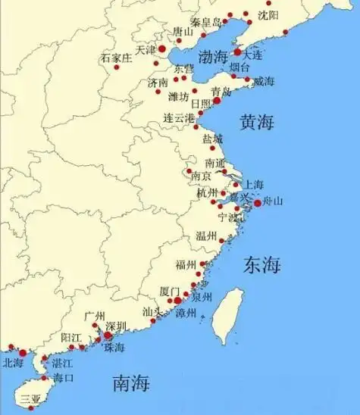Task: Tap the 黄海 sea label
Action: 256,122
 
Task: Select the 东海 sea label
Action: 262,265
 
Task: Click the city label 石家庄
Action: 116,58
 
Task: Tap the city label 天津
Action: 145,49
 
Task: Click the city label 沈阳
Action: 268,14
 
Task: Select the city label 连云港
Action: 179,118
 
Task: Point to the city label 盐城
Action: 212,139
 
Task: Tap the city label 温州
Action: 206,236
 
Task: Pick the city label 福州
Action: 186,264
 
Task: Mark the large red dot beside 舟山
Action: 257,203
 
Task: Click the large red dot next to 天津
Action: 161,48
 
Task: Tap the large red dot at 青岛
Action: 217,100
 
